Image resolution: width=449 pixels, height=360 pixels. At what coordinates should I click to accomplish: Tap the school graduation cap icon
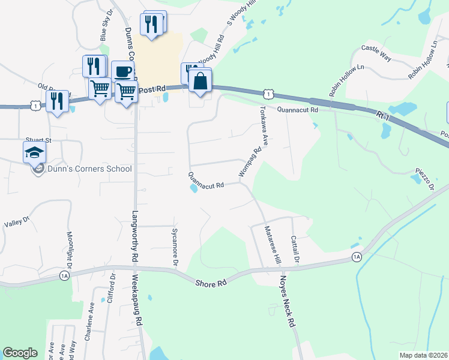tap(34, 152)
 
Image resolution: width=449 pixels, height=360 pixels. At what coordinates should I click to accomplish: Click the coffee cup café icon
tap(122, 71)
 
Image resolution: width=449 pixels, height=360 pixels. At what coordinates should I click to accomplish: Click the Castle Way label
tap(376, 53)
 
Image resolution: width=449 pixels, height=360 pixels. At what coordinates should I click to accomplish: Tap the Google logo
tap(20, 353)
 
